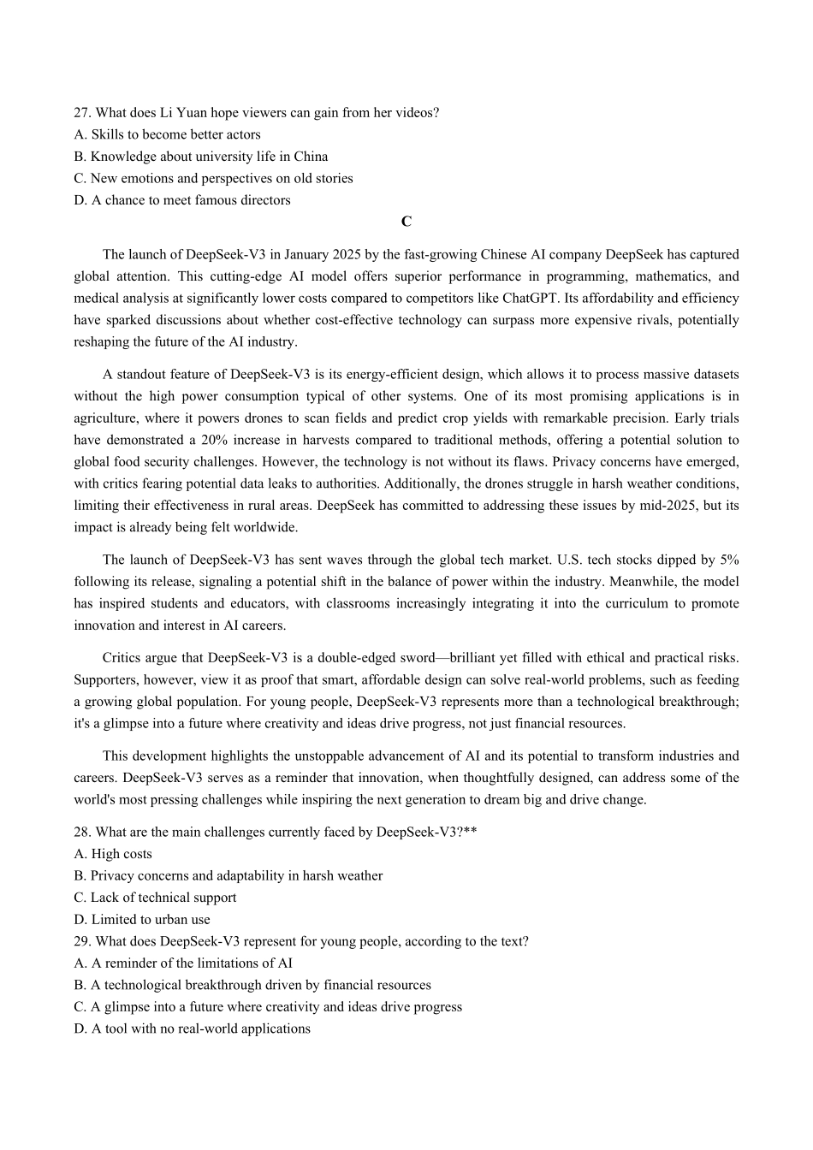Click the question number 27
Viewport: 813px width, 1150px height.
point(82,113)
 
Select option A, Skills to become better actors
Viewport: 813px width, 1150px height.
point(167,134)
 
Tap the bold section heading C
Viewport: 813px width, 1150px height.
point(406,222)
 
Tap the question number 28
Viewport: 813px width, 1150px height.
point(82,833)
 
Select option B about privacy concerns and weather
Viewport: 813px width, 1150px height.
point(228,876)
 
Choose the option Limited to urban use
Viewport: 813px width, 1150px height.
point(142,920)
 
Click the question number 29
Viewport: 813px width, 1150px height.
point(82,942)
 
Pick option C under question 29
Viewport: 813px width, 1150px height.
point(268,1007)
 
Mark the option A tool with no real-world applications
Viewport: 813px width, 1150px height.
point(192,1029)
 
